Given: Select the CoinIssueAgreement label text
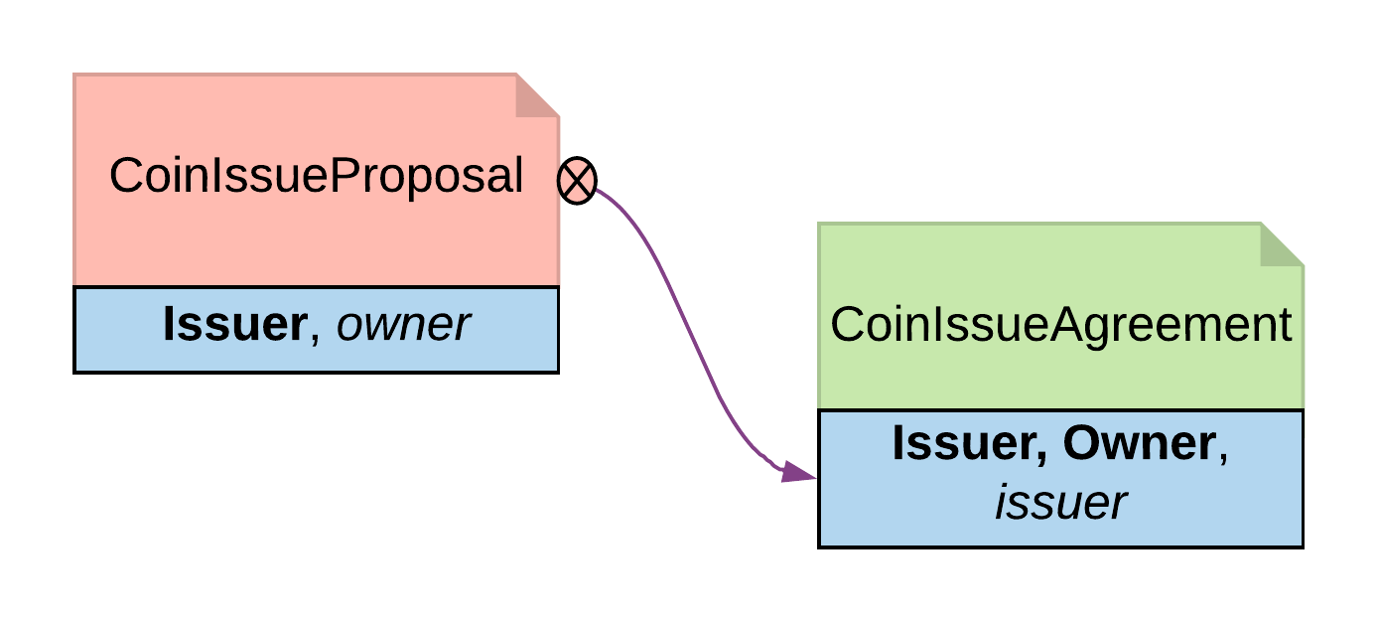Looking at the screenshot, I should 1060,325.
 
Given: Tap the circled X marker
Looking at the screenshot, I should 577,181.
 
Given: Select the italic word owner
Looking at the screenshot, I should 403,325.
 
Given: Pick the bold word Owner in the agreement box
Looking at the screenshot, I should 1138,443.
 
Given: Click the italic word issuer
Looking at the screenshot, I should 1060,503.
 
